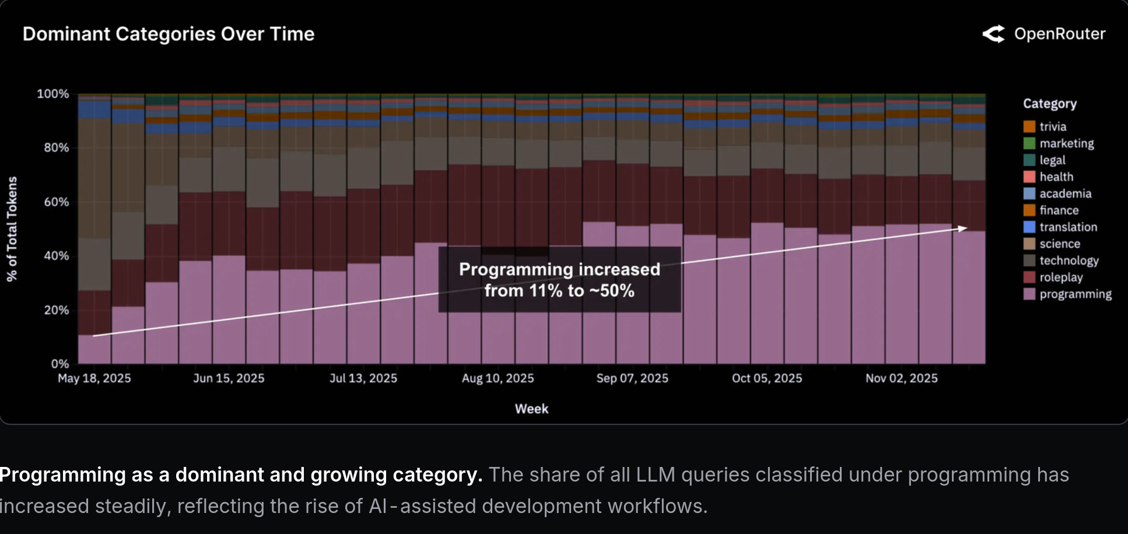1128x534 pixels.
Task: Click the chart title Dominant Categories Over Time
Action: [x=168, y=34]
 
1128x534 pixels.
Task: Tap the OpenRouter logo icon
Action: [x=993, y=34]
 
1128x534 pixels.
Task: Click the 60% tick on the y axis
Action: [x=57, y=202]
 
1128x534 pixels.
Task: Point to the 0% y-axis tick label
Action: [x=60, y=364]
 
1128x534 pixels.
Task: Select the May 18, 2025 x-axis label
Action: [x=94, y=378]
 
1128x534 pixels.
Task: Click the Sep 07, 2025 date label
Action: [x=632, y=378]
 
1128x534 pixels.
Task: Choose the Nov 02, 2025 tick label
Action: [x=902, y=378]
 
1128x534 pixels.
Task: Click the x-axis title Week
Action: [x=531, y=409]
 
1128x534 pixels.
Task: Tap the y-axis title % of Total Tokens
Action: [x=12, y=229]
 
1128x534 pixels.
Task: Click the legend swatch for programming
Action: [x=1029, y=294]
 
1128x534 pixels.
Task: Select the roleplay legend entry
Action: [x=1060, y=277]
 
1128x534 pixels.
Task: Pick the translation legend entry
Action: [x=1068, y=227]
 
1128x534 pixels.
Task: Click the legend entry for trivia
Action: [x=1052, y=127]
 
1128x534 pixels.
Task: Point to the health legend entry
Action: [x=1056, y=177]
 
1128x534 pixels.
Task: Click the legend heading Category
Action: [x=1050, y=104]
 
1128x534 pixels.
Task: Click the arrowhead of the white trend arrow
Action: [x=964, y=228]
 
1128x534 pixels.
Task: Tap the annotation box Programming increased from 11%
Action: [x=559, y=280]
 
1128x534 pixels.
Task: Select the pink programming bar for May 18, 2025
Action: [x=94, y=349]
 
